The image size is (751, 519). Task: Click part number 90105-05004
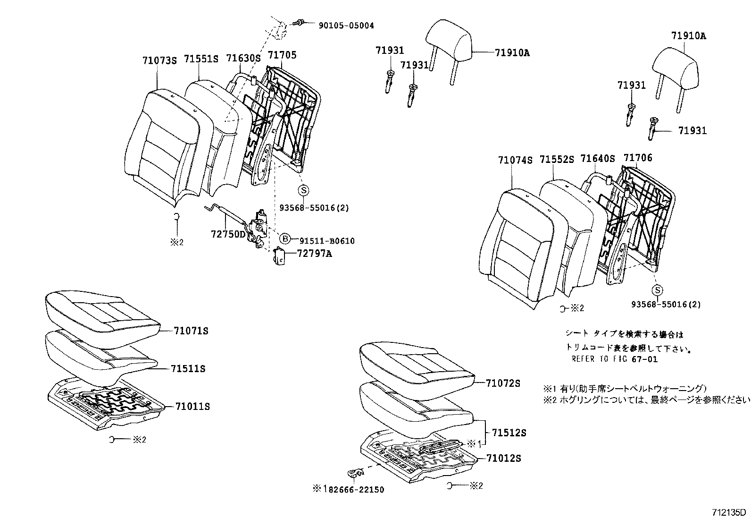343,26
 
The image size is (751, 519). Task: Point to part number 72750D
228,234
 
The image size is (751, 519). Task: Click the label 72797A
315,254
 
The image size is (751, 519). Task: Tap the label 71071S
191,331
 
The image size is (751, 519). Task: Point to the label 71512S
509,433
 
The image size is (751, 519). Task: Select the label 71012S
503,459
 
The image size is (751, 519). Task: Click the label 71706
638,158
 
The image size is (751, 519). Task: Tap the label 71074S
515,160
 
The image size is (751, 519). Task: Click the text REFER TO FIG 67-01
614,359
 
